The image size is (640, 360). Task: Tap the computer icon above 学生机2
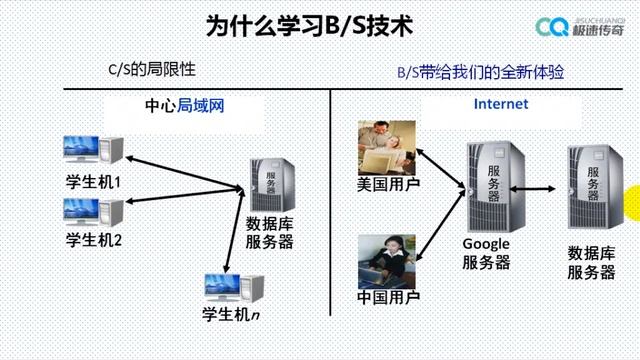point(92,211)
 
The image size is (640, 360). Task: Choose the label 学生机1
point(93,183)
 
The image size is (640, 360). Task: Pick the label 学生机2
point(93,240)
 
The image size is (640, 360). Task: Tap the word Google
point(486,244)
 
